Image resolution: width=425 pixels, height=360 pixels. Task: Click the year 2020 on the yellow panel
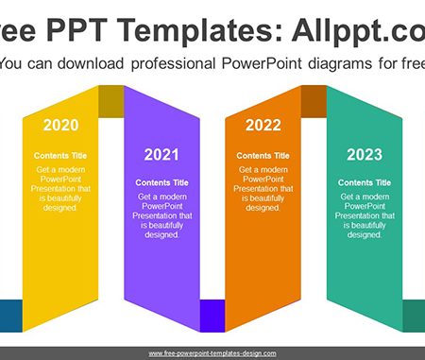[60, 125]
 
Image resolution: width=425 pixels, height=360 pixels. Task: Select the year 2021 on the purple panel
[161, 155]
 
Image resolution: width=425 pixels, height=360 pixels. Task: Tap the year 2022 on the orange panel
[263, 125]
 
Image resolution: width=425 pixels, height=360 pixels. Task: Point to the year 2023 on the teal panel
[365, 155]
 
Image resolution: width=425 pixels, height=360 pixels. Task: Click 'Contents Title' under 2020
[60, 156]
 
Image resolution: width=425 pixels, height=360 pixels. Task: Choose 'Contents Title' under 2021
[161, 182]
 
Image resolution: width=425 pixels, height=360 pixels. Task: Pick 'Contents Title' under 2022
[263, 156]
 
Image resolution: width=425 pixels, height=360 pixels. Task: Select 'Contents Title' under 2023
[365, 182]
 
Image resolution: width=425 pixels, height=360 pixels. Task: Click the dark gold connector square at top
[111, 101]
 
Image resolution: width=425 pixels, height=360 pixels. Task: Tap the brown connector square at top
[314, 101]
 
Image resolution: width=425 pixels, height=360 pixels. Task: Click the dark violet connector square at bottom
[212, 316]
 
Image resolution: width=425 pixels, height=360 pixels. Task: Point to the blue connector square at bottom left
[11, 316]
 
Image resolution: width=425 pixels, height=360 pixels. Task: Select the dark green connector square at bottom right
[414, 316]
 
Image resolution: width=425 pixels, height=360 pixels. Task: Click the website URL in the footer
[212, 353]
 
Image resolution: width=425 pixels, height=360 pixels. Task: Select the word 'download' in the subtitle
[91, 63]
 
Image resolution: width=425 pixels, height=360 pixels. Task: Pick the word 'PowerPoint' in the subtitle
[262, 63]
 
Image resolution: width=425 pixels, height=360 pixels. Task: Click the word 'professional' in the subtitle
[173, 64]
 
